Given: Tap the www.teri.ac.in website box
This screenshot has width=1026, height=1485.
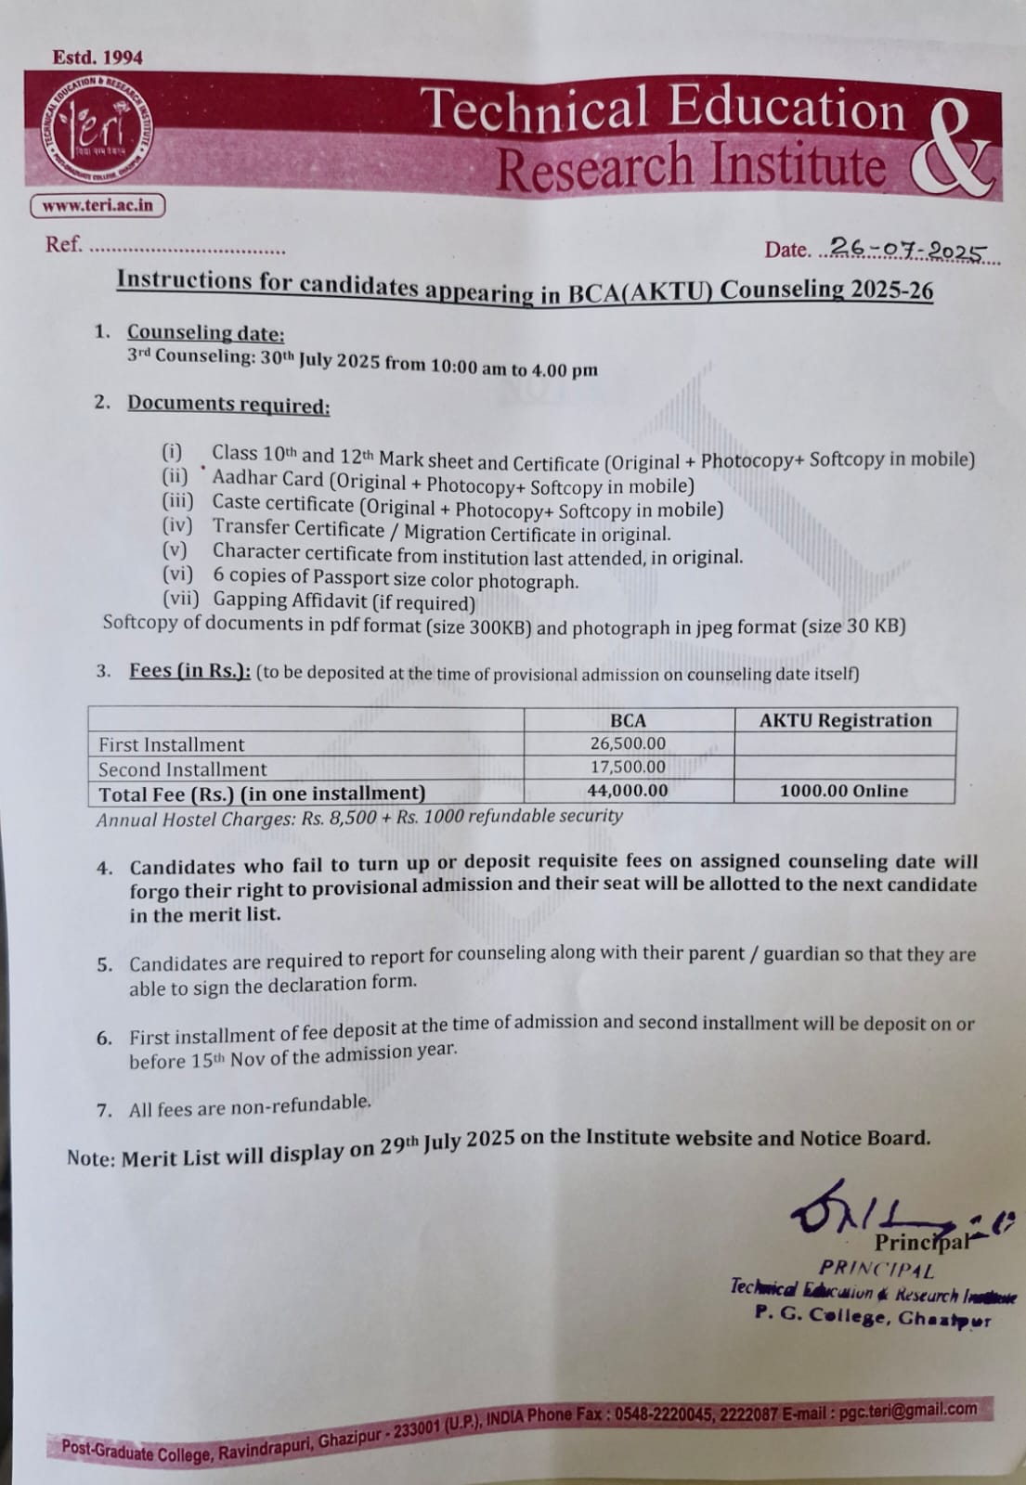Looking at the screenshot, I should (x=97, y=205).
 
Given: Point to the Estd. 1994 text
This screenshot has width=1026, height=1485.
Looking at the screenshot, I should (x=97, y=58).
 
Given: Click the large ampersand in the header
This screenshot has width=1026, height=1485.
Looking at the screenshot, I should (x=952, y=148).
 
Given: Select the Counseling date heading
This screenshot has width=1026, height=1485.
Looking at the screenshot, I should (x=205, y=332).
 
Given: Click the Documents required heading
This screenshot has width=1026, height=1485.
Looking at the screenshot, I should (x=228, y=405).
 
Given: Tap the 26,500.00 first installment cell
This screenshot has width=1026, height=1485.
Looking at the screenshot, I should (x=628, y=743).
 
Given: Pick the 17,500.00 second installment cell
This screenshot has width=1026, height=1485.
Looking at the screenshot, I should (x=628, y=768).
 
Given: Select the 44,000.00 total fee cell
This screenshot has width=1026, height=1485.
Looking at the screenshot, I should (x=628, y=791).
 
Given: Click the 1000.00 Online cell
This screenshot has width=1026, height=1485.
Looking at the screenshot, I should (x=843, y=791).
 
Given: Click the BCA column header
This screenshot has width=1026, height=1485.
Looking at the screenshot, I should (x=628, y=720).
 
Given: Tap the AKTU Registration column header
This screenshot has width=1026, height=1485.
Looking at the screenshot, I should (x=844, y=720).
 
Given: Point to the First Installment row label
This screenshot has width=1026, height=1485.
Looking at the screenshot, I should (x=172, y=744).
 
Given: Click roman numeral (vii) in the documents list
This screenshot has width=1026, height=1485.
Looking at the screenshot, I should (x=181, y=599).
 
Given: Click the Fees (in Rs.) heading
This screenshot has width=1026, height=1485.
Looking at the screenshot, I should (x=189, y=670).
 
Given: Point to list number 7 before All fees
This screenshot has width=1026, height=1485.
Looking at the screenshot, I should (x=105, y=1110).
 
